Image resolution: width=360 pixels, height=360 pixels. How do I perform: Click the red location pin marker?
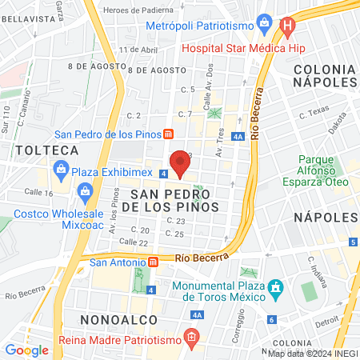pyautogui.click(x=181, y=163)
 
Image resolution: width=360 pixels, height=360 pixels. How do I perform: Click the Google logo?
pyautogui.click(x=26, y=350)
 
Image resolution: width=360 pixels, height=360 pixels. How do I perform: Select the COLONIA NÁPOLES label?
pyautogui.click(x=325, y=75)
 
